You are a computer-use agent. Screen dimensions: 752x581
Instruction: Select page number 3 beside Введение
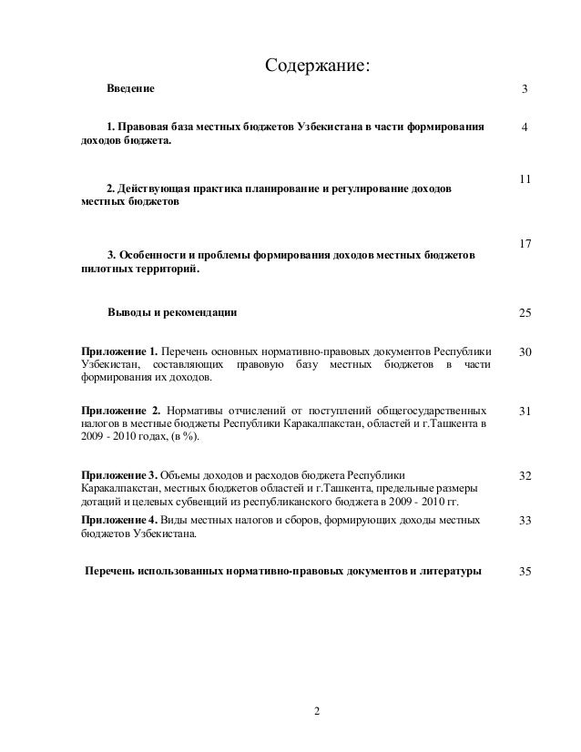pos(525,90)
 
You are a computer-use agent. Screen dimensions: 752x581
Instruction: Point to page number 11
pos(525,179)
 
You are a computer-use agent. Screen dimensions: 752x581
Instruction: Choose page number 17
pos(525,245)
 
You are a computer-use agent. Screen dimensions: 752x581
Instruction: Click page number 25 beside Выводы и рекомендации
pos(525,314)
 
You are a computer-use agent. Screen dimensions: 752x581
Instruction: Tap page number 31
pos(525,412)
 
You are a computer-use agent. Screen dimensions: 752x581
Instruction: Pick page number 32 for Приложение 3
pos(525,476)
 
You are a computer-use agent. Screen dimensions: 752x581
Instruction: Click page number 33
pos(525,520)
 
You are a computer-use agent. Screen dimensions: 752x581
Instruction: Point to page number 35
pos(525,572)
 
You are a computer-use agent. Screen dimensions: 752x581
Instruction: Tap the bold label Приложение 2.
pos(119,411)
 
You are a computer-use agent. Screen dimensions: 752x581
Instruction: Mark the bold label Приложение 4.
pos(118,519)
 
